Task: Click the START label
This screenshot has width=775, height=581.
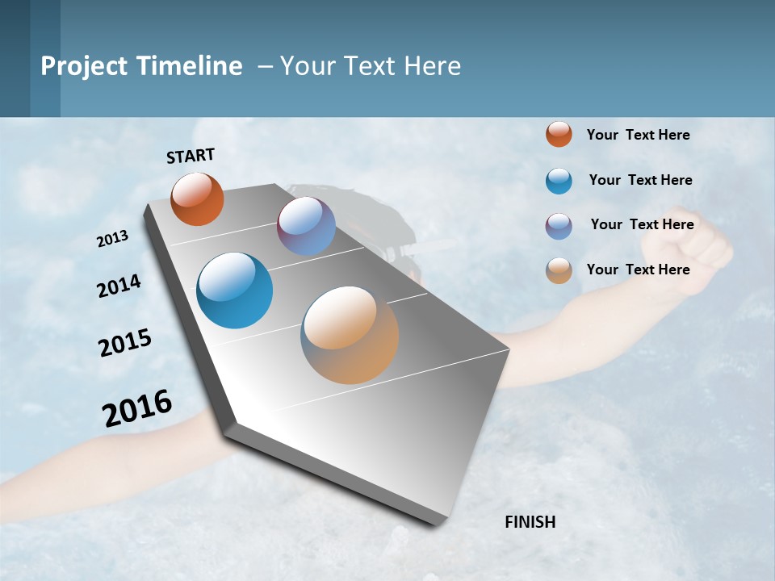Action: pyautogui.click(x=191, y=156)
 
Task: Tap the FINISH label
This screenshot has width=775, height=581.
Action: pyautogui.click(x=530, y=522)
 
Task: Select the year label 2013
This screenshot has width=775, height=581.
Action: pyautogui.click(x=113, y=239)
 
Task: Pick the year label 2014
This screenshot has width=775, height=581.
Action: pyautogui.click(x=119, y=286)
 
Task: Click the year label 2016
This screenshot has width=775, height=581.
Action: pyautogui.click(x=137, y=408)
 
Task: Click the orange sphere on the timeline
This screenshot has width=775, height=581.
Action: pyautogui.click(x=197, y=199)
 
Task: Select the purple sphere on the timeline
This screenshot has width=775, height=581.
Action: pyautogui.click(x=306, y=227)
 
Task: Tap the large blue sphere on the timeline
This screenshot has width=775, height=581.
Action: pyautogui.click(x=234, y=290)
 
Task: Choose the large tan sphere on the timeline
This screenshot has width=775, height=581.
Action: pyautogui.click(x=350, y=335)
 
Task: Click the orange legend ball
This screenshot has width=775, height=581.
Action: pyautogui.click(x=559, y=135)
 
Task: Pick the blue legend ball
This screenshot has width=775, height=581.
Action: pyautogui.click(x=559, y=181)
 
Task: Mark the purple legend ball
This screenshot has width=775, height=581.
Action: pyautogui.click(x=559, y=226)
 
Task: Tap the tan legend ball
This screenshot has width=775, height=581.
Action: pyautogui.click(x=559, y=270)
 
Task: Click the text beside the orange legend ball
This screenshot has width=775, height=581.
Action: pyautogui.click(x=638, y=135)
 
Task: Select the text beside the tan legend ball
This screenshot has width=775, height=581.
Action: pyautogui.click(x=638, y=270)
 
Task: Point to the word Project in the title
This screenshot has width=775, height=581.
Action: pyautogui.click(x=86, y=66)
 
